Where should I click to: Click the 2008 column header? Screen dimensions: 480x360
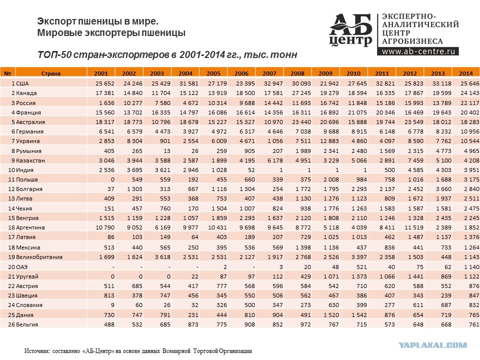[297, 73]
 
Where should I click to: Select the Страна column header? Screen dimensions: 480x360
[51, 73]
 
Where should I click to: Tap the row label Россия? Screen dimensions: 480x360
[25, 103]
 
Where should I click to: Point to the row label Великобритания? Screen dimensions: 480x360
[39, 257]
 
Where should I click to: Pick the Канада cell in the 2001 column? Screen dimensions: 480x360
[104, 93]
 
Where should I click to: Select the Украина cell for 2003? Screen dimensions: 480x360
[165, 141]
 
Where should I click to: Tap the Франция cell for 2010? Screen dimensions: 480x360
[357, 112]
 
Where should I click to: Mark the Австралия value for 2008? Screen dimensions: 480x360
[301, 122]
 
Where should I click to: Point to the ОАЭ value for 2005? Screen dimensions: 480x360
[225, 267]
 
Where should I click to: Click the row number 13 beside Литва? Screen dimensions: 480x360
[11, 198]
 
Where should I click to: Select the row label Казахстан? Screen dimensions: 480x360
[30, 160]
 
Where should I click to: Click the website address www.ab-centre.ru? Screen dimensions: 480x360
[418, 51]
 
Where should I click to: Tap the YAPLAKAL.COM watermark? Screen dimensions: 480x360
[433, 345]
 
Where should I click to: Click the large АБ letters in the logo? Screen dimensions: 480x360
[351, 25]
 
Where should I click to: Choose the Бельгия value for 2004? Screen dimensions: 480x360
[193, 324]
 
